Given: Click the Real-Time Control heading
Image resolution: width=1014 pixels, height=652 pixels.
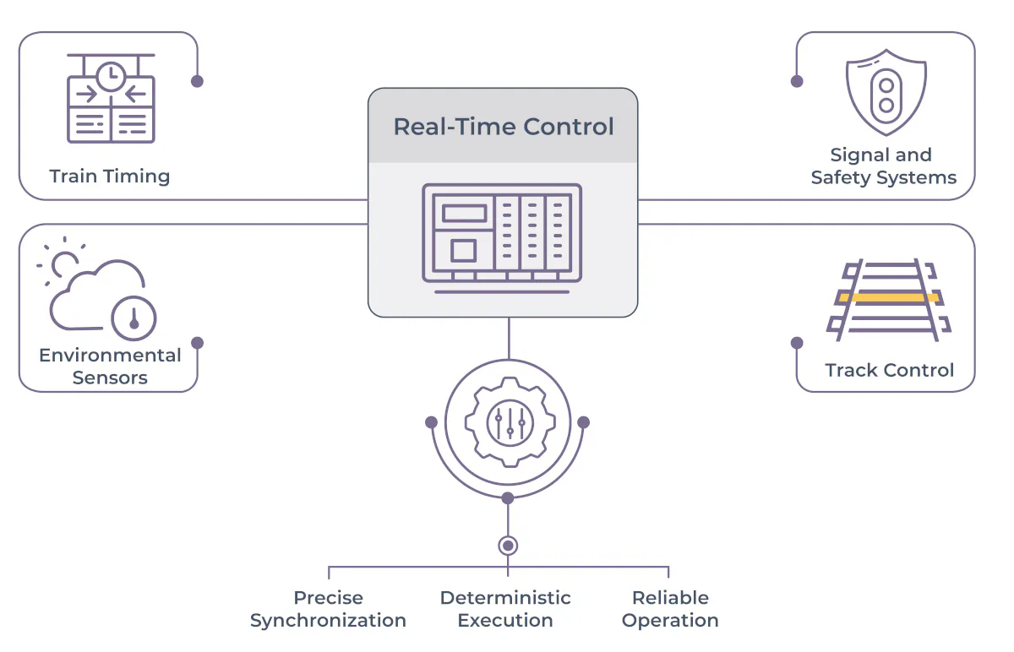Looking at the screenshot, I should [504, 127].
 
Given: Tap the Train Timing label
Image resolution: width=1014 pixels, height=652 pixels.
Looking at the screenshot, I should [110, 177].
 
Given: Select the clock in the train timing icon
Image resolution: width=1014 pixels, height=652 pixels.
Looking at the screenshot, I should [111, 78].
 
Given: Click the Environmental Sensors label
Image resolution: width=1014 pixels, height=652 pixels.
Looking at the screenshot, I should [110, 367].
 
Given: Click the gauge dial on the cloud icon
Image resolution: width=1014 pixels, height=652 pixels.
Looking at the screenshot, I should [134, 318].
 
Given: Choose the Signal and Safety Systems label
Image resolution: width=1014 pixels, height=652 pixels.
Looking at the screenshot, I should [883, 166].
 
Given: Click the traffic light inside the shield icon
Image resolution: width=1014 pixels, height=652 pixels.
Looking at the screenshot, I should [886, 94].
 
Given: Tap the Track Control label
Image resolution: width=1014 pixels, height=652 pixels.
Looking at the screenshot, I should [889, 370].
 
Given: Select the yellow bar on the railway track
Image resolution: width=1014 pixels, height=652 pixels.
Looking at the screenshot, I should [888, 297].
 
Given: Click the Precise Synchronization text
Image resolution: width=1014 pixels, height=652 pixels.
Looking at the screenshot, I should [328, 609].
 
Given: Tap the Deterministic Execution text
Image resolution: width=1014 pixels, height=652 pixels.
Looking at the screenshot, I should [505, 609].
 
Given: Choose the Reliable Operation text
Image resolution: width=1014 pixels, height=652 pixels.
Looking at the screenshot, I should [670, 609].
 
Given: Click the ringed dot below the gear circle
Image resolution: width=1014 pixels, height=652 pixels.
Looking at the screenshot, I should [508, 546].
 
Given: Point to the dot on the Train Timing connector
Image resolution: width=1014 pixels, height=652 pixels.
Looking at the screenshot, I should [197, 81].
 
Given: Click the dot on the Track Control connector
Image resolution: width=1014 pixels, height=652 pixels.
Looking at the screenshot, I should [797, 343].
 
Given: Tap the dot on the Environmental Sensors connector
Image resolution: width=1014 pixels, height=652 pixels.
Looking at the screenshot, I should [197, 343].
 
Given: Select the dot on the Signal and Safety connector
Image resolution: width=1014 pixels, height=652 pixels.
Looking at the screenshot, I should [797, 81].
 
